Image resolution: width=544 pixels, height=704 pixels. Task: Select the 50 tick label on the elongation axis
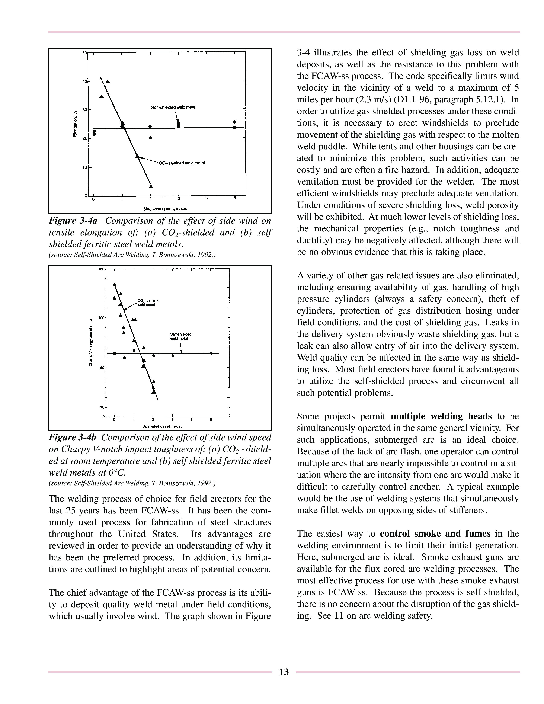[84, 52]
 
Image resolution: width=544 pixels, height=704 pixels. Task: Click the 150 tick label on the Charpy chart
[101, 269]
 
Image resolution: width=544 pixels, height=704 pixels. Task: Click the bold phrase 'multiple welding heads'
[441, 416]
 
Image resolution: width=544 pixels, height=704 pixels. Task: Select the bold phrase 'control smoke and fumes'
[435, 534]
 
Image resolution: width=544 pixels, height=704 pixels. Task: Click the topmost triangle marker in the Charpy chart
[114, 284]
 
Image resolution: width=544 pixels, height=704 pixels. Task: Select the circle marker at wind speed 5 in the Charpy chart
[211, 353]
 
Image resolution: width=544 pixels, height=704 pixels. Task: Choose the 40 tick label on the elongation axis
[84, 81]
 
